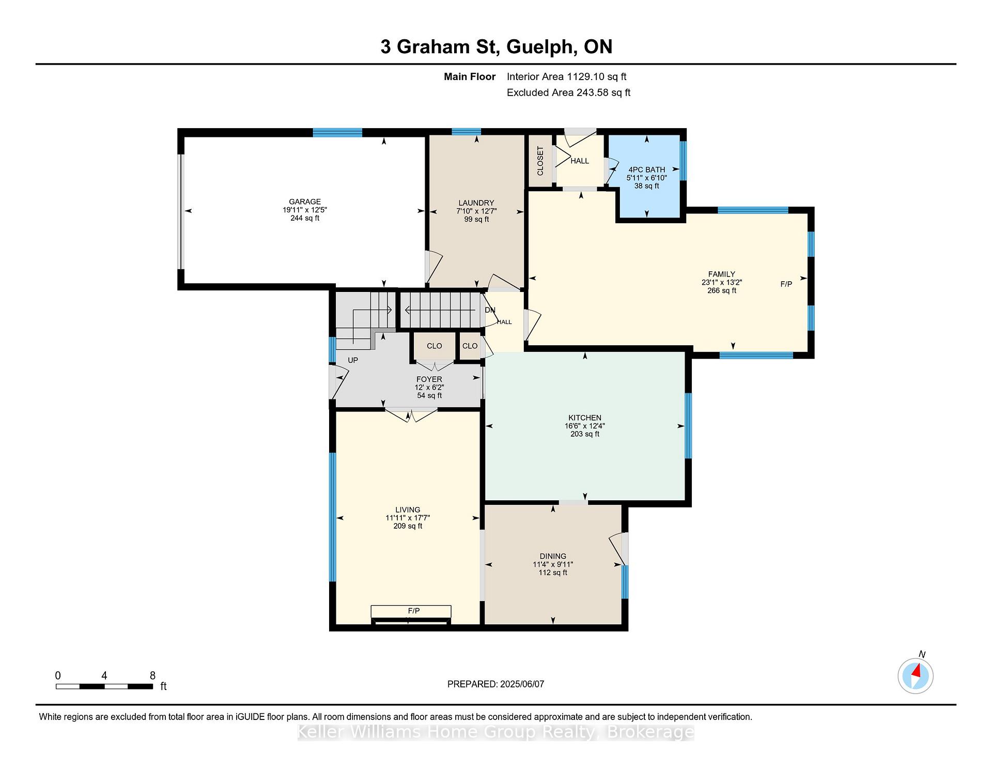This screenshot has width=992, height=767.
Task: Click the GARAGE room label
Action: (x=305, y=202)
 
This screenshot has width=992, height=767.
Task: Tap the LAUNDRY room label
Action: (x=476, y=203)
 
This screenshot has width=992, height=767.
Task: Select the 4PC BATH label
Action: (x=646, y=170)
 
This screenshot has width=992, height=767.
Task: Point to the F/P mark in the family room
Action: (x=786, y=284)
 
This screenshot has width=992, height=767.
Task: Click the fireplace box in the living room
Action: (x=411, y=611)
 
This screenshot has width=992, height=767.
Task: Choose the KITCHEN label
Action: (x=585, y=418)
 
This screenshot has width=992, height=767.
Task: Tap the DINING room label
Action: (x=553, y=556)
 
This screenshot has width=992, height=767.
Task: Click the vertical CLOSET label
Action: (x=540, y=161)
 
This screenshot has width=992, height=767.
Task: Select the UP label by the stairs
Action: (x=353, y=360)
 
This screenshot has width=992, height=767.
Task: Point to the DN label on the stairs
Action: (x=490, y=310)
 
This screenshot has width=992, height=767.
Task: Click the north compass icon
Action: (x=916, y=676)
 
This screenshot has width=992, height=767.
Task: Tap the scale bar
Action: (x=104, y=686)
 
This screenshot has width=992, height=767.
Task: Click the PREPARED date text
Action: (x=495, y=684)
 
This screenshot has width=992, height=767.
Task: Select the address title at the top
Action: (x=497, y=47)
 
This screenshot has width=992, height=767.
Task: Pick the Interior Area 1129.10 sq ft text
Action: (x=566, y=76)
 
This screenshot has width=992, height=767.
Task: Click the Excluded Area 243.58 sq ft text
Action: (x=568, y=93)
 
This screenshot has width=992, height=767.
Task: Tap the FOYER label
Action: (x=429, y=379)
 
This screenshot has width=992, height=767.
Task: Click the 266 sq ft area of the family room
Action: (x=722, y=290)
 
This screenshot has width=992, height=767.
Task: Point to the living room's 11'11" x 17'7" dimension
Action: (x=408, y=517)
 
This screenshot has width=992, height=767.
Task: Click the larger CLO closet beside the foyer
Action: (x=434, y=346)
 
